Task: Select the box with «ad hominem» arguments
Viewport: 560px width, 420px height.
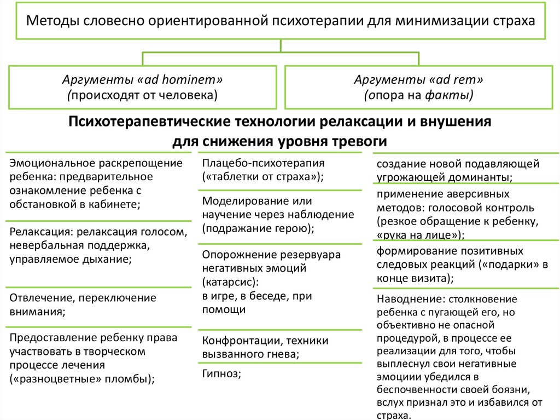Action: click(142, 88)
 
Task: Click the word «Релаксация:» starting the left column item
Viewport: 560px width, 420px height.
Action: click(38, 232)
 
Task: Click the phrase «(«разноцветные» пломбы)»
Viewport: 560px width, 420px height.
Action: click(81, 378)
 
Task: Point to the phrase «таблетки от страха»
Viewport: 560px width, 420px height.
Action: click(262, 177)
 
